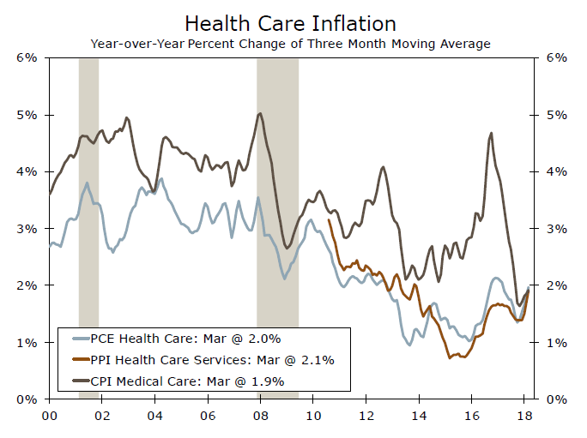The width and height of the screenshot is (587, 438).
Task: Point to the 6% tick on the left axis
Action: (x=27, y=57)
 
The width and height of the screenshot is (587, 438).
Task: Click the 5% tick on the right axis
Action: (x=557, y=115)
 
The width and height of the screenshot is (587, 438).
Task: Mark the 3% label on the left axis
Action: (x=27, y=229)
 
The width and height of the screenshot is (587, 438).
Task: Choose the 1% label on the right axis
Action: (x=557, y=343)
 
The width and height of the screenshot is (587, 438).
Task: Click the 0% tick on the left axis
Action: (x=27, y=399)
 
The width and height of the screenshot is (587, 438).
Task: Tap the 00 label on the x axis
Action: (x=50, y=415)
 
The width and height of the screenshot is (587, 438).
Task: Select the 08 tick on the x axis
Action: (x=261, y=415)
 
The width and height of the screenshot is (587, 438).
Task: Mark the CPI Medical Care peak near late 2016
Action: (x=490, y=133)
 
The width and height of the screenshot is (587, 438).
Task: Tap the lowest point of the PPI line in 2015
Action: (x=450, y=357)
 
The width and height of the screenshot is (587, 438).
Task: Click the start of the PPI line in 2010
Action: (x=330, y=220)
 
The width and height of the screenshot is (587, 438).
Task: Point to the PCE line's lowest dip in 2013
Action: (x=409, y=345)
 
